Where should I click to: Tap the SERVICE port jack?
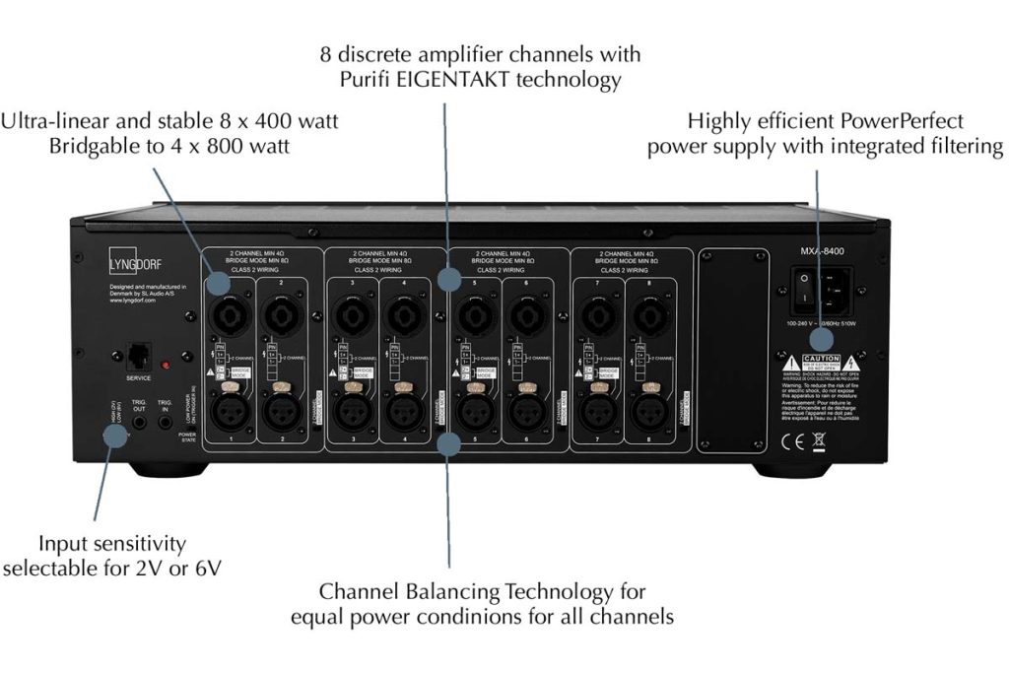click(x=138, y=358)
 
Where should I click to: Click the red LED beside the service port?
click(x=166, y=366)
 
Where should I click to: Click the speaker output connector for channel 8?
click(x=649, y=314)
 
